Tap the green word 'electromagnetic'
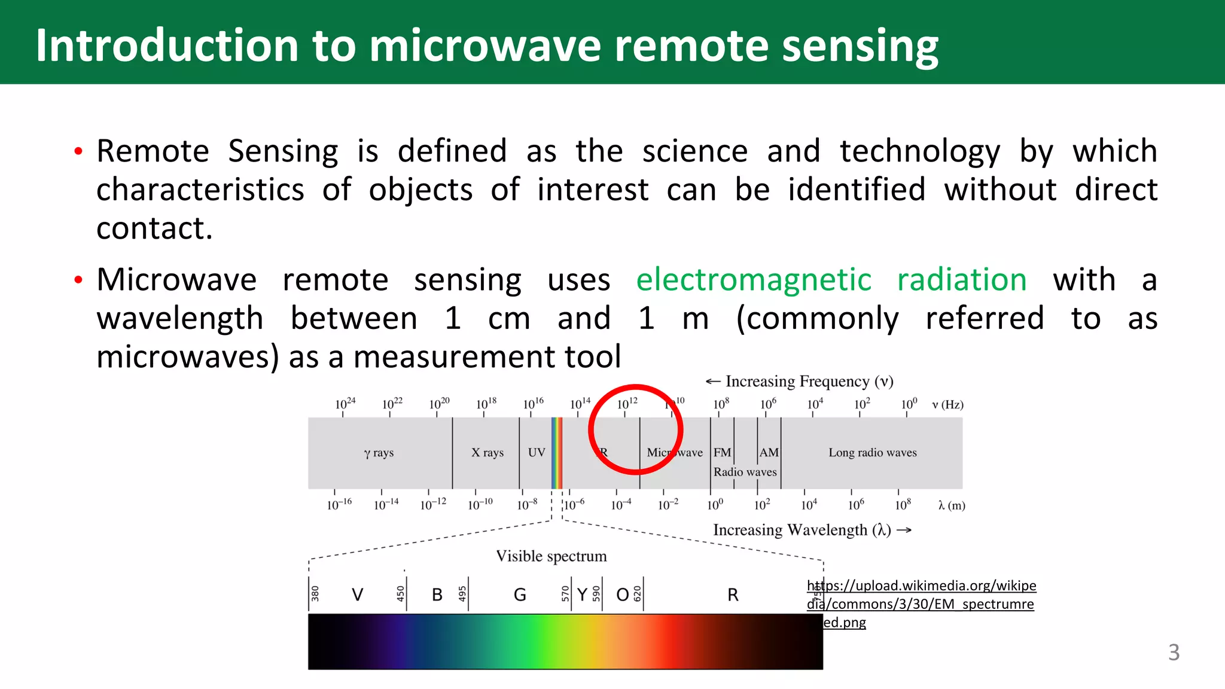pos(753,280)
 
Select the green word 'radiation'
pos(961,280)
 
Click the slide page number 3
pos(1174,652)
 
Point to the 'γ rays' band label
pos(379,453)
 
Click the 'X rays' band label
pos(487,453)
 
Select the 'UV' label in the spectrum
pos(537,453)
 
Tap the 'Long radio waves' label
pos(872,453)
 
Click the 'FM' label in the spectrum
pos(722,453)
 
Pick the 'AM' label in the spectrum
pos(769,453)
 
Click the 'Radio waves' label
pos(745,472)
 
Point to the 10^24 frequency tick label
pos(345,404)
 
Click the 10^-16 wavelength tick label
pos(339,504)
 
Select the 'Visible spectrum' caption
pos(551,556)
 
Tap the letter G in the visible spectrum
pos(520,595)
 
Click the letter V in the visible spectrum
pos(357,595)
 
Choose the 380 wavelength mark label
pos(315,593)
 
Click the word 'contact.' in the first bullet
pos(154,228)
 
